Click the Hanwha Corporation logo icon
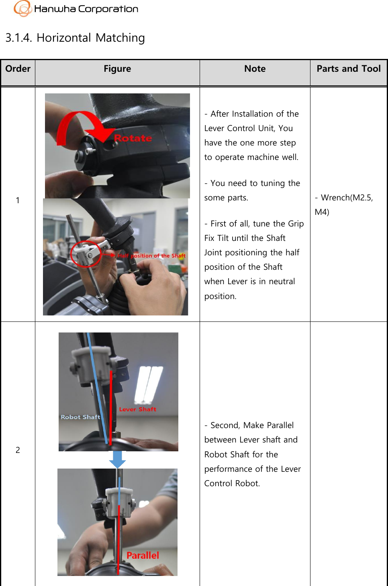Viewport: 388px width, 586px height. (22, 8)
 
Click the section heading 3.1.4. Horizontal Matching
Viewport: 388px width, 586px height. (75, 38)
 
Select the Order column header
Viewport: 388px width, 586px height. (18, 69)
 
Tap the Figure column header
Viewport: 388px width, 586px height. (117, 69)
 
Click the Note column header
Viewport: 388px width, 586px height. (255, 69)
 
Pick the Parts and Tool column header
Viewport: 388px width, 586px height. (348, 69)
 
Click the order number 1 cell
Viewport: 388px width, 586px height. (18, 200)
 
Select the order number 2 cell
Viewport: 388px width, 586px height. (18, 450)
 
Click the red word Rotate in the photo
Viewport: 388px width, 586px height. (133, 138)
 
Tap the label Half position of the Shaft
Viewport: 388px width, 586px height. (151, 256)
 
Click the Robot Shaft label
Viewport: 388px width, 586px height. (80, 417)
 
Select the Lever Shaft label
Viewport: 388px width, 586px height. (137, 409)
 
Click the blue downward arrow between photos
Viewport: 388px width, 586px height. (118, 460)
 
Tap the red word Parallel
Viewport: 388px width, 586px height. (143, 556)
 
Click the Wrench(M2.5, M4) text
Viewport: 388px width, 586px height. (343, 204)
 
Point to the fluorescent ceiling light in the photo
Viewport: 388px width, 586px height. (149, 385)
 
